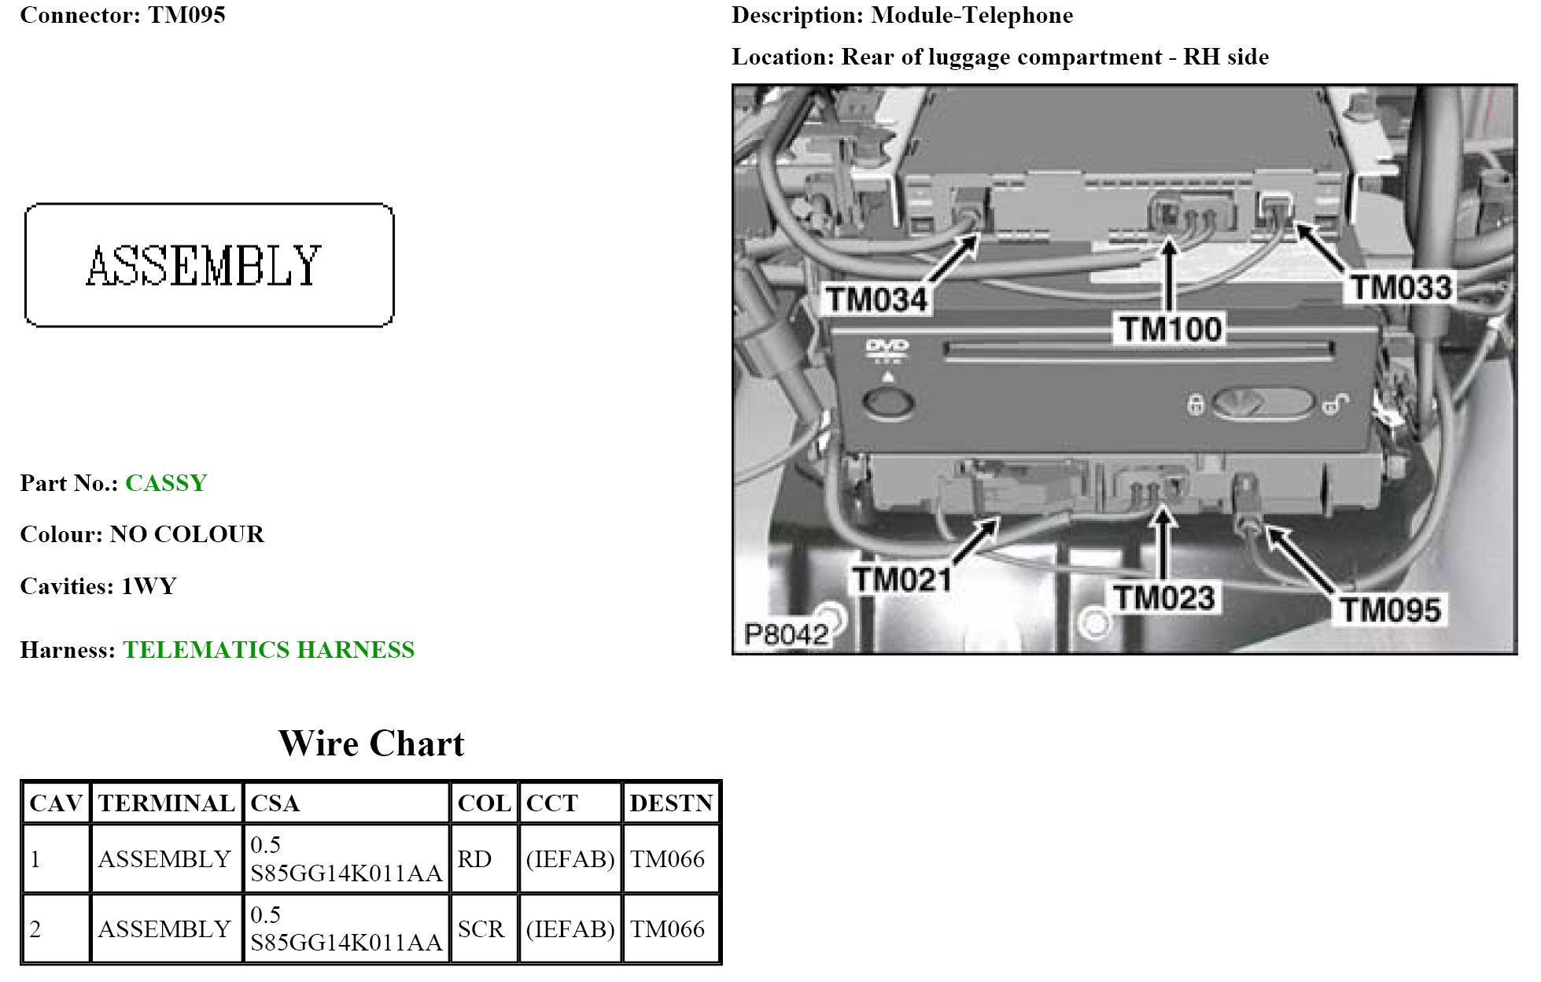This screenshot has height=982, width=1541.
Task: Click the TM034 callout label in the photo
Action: click(x=876, y=300)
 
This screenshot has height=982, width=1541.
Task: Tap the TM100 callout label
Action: click(x=1170, y=329)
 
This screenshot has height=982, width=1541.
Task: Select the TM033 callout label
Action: click(x=1401, y=287)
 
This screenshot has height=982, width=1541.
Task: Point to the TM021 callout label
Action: click(x=902, y=580)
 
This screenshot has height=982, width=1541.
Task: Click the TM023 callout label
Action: click(x=1164, y=598)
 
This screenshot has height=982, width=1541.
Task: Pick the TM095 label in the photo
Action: click(x=1390, y=610)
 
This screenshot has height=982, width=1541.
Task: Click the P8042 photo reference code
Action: click(x=786, y=634)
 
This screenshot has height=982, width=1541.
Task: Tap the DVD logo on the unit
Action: click(x=887, y=347)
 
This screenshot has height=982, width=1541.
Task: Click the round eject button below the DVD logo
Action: click(x=888, y=402)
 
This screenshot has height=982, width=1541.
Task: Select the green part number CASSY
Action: click(x=166, y=483)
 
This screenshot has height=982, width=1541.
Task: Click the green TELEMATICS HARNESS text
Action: click(x=268, y=650)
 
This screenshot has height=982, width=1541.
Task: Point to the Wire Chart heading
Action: click(x=371, y=744)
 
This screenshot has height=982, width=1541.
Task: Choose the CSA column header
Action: click(x=275, y=803)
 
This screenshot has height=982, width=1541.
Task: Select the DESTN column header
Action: click(x=670, y=803)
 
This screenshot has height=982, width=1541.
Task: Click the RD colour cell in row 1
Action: click(x=474, y=859)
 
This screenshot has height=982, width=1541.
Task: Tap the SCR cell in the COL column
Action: click(x=480, y=929)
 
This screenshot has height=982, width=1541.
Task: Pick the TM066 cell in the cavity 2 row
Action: click(x=667, y=929)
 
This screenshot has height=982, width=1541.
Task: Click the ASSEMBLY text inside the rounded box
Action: click(x=204, y=266)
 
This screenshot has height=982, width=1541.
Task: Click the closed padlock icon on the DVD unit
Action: click(x=1195, y=405)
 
